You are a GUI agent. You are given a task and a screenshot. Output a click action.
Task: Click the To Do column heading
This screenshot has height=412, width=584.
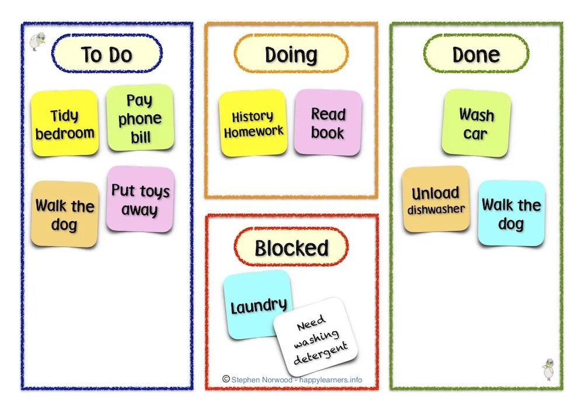(107, 54)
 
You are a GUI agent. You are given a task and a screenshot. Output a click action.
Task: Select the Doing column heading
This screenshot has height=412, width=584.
(291, 54)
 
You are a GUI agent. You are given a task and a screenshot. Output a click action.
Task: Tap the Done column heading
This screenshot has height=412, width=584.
(476, 54)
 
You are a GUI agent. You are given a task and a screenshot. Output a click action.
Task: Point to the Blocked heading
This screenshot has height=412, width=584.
(291, 248)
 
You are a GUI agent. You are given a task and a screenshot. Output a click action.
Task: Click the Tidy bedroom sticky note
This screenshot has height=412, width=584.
(64, 124)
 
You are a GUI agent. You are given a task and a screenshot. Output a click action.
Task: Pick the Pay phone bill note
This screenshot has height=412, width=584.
(140, 118)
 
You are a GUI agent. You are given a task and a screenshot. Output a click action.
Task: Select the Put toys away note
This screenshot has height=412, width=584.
(140, 199)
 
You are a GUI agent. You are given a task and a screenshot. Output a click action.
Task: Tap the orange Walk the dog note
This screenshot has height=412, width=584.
(64, 214)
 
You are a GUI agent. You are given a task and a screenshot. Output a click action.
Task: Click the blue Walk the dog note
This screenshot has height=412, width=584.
(511, 213)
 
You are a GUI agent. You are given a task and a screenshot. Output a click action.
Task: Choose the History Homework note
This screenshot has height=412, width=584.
(253, 123)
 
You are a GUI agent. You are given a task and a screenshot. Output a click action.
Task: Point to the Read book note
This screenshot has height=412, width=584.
(328, 123)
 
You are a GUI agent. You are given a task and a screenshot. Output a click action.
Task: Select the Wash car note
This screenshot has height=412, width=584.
(476, 123)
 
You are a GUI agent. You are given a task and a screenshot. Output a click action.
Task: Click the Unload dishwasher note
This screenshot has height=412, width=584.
(436, 199)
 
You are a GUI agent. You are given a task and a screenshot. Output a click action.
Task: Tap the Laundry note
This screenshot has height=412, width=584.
(257, 304)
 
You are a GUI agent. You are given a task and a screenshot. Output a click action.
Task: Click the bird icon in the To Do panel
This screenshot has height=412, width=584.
(36, 43)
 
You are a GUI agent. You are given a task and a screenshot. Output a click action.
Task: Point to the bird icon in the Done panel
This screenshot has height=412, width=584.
(548, 369)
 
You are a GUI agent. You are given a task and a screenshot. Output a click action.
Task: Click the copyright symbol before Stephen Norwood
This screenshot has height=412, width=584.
(226, 379)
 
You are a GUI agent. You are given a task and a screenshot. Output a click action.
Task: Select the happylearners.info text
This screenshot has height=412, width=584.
(331, 380)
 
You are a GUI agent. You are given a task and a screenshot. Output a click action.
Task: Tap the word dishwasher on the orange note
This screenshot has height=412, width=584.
(436, 209)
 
